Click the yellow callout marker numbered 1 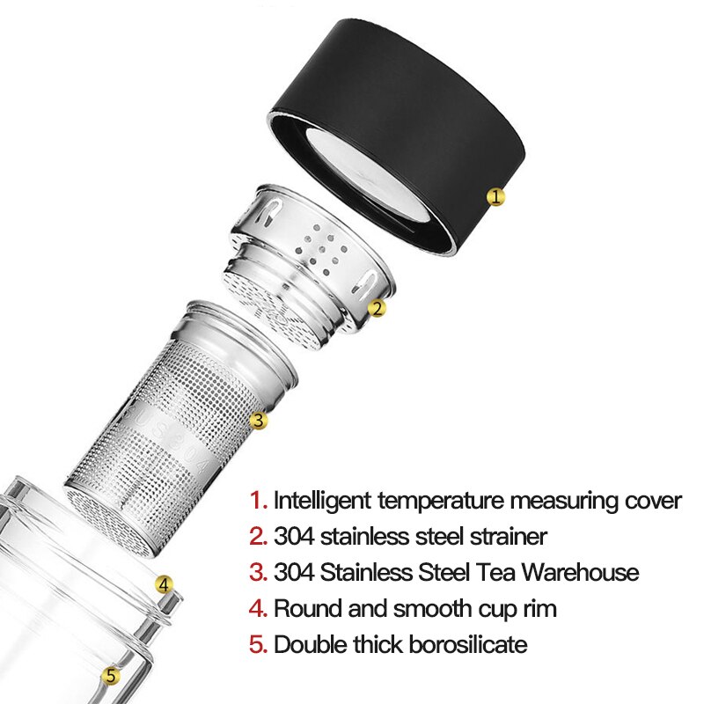[496, 197]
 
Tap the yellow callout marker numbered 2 [377, 308]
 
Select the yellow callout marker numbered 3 [258, 421]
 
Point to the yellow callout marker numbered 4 [163, 583]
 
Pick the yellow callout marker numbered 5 [110, 676]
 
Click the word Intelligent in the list [320, 501]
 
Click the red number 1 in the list [257, 501]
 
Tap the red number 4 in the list [257, 608]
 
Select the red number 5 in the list [257, 644]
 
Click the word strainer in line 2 [507, 536]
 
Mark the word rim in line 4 [539, 608]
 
